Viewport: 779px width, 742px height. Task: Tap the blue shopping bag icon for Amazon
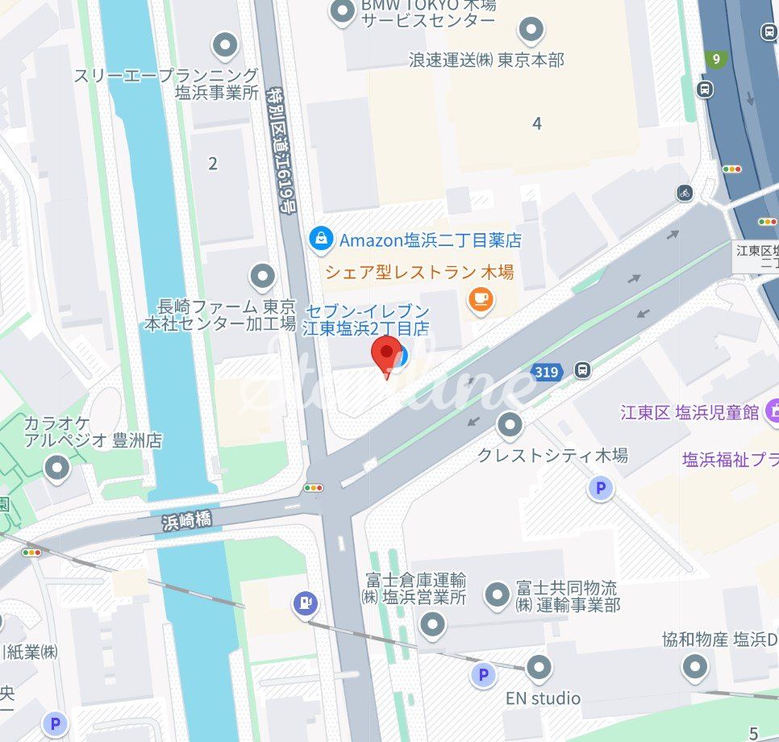click(x=321, y=239)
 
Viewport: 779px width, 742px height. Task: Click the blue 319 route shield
click(x=546, y=372)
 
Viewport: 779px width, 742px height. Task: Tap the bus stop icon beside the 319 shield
click(x=582, y=370)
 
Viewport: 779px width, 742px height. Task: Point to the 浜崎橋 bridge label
click(x=186, y=521)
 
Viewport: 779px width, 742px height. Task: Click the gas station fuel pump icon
click(x=306, y=602)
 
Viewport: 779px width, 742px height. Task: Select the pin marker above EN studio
click(x=539, y=668)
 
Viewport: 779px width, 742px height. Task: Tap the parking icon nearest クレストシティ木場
click(x=600, y=488)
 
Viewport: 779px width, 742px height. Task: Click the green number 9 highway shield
click(x=714, y=59)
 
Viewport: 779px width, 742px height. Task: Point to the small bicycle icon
click(x=685, y=193)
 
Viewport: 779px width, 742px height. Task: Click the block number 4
click(x=537, y=123)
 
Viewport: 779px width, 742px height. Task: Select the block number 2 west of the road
click(x=213, y=164)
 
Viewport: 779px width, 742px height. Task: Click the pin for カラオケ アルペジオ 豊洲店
click(x=56, y=467)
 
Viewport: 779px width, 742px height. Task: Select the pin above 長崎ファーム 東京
click(x=262, y=277)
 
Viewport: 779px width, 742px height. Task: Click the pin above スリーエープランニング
click(x=224, y=45)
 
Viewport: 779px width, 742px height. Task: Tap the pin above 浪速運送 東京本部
click(x=531, y=31)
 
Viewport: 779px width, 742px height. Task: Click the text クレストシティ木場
click(x=552, y=455)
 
